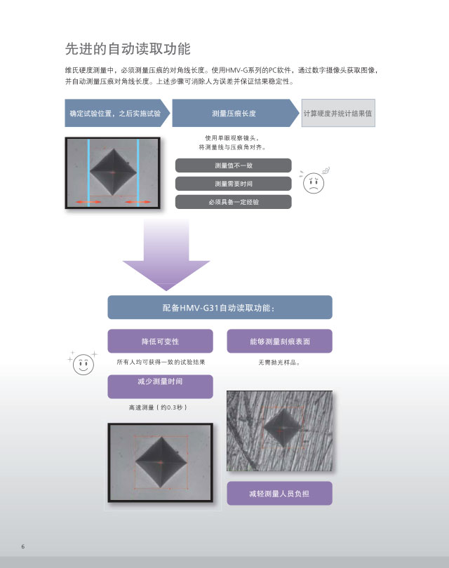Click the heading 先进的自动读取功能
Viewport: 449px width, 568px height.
[x=128, y=49]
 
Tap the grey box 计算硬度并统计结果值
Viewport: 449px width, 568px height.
[x=338, y=113]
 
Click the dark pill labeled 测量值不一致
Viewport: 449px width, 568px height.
[x=234, y=165]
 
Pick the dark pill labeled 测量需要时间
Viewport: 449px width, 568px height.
[x=234, y=184]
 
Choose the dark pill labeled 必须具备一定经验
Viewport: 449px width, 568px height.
[x=234, y=202]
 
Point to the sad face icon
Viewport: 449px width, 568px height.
[x=314, y=182]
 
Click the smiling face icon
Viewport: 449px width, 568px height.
[x=83, y=363]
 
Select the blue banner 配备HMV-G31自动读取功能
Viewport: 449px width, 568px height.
[x=220, y=307]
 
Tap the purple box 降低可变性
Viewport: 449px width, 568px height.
[x=160, y=342]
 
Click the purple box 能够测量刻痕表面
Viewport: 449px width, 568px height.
[x=280, y=342]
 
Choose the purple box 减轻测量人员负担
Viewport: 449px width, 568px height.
[x=280, y=493]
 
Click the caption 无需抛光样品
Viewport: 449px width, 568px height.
[x=279, y=363]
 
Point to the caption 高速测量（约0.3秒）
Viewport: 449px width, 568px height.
[x=159, y=407]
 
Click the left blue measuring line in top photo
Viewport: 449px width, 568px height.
[x=89, y=173]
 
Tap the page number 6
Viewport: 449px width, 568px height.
[x=23, y=547]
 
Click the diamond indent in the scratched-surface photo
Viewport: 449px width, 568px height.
[x=282, y=428]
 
